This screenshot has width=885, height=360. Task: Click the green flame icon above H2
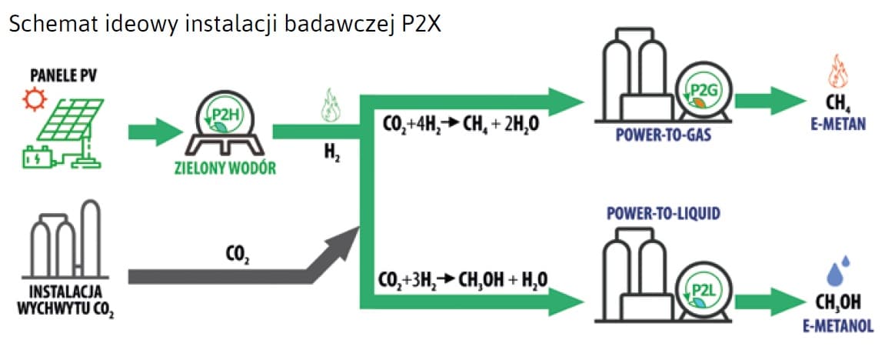pos(330,106)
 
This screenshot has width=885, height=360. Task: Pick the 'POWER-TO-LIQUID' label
pos(664,213)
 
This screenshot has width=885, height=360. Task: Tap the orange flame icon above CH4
pos(837,72)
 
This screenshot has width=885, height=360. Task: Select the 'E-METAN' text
pos(837,123)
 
